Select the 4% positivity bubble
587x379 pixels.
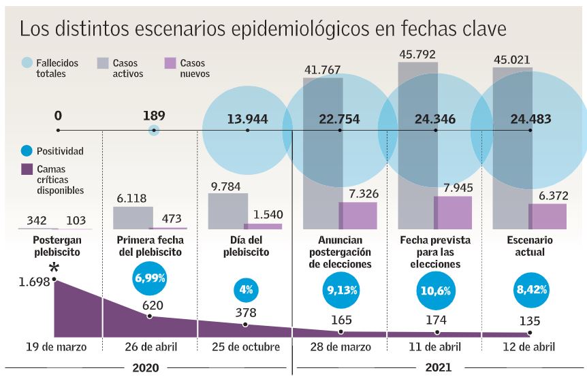[x=246, y=289]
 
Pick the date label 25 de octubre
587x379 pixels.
[x=246, y=347]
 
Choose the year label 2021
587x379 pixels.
[x=439, y=368]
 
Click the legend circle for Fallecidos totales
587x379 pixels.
[x=27, y=63]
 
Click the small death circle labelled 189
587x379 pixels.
[x=155, y=130]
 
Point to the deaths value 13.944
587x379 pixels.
[x=247, y=120]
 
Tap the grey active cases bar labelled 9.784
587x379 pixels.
[x=227, y=211]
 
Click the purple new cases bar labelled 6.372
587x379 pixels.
[x=548, y=216]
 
